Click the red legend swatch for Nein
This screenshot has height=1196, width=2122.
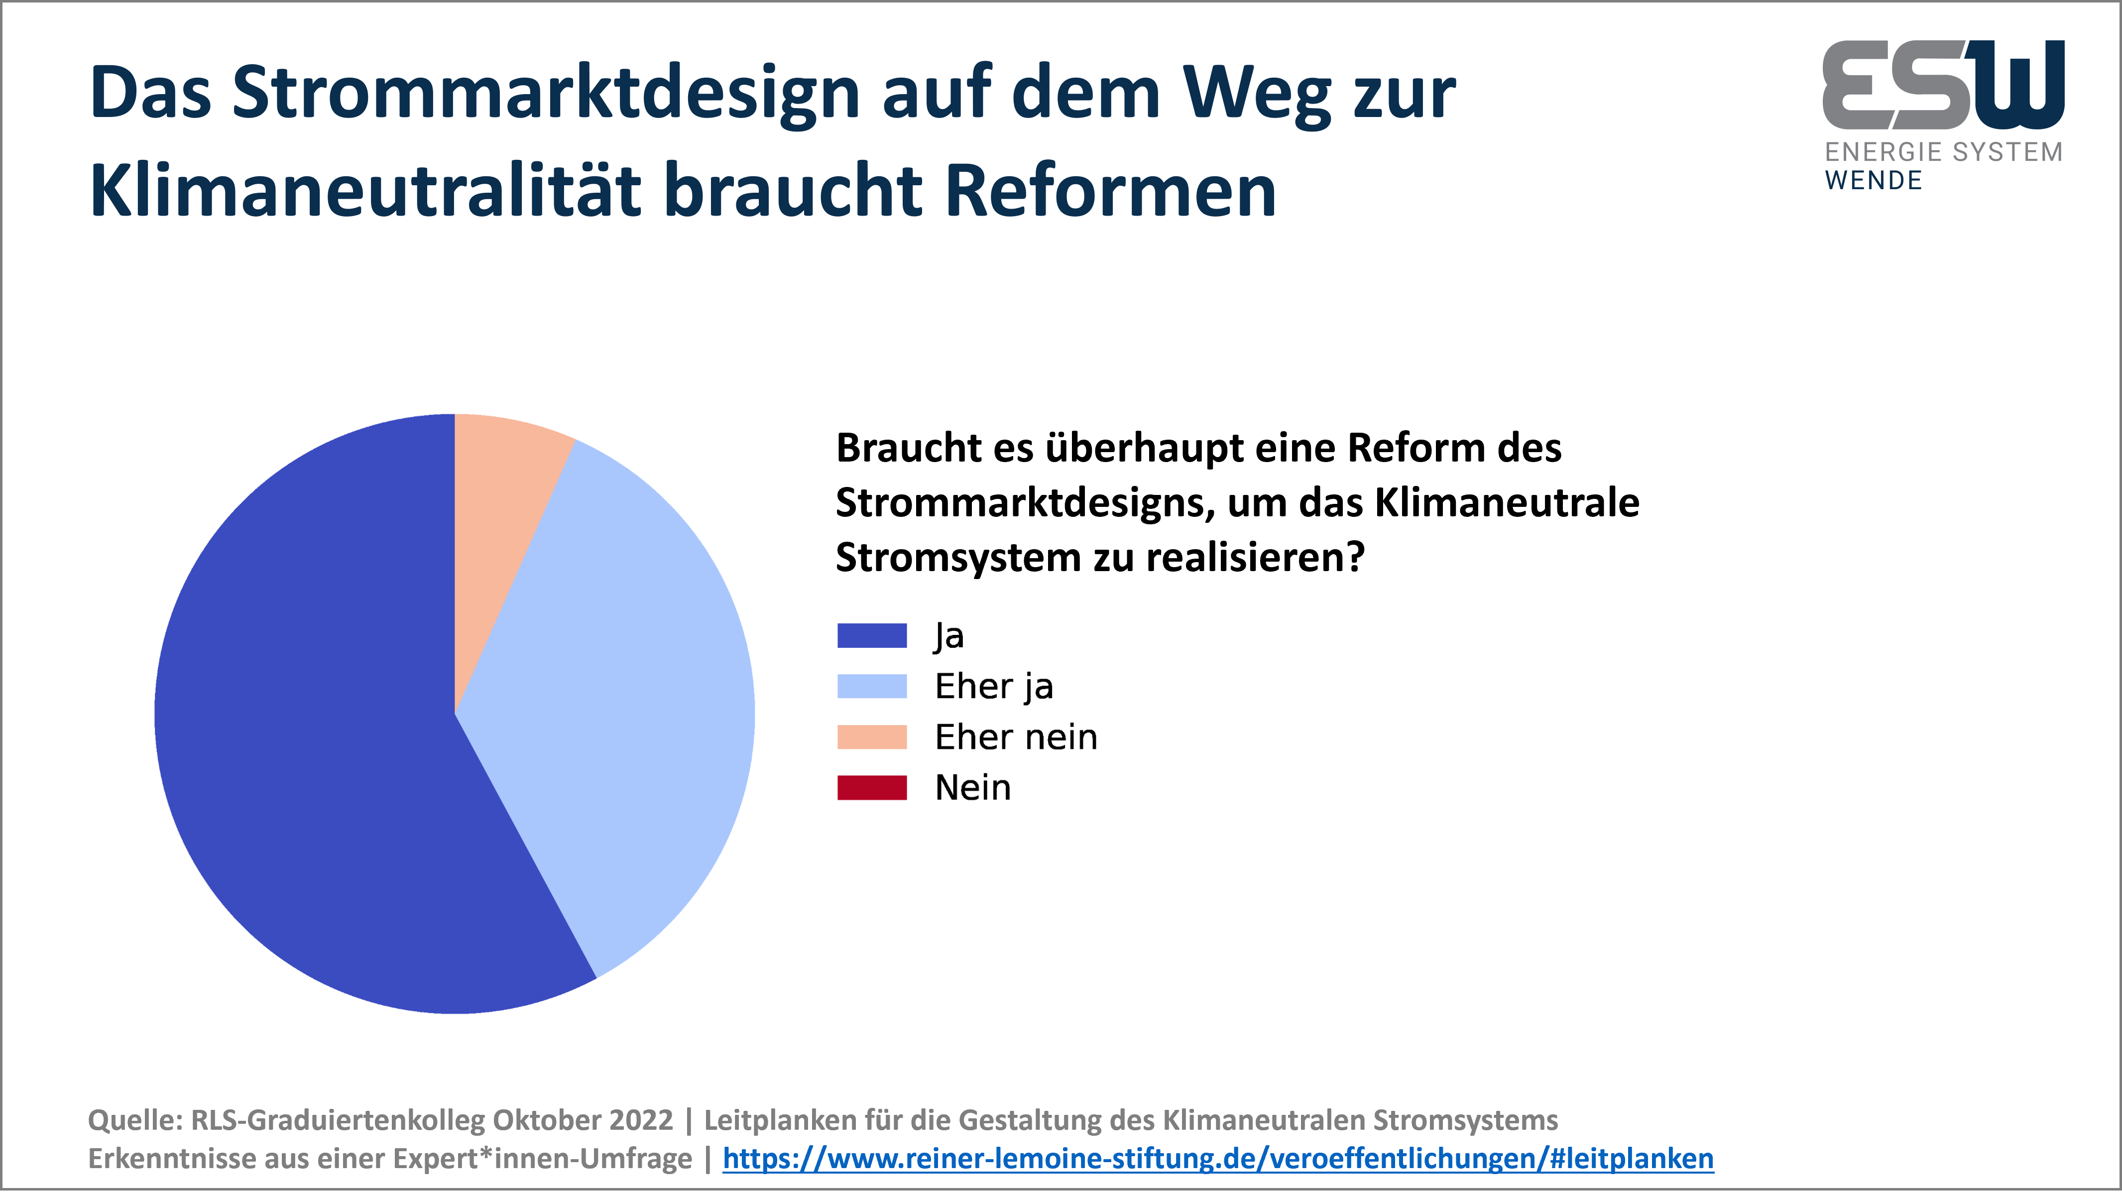click(871, 787)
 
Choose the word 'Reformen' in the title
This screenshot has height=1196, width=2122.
click(1110, 191)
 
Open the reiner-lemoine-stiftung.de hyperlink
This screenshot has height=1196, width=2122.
click(1218, 1159)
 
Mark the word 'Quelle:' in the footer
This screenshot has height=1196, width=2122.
click(135, 1121)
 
